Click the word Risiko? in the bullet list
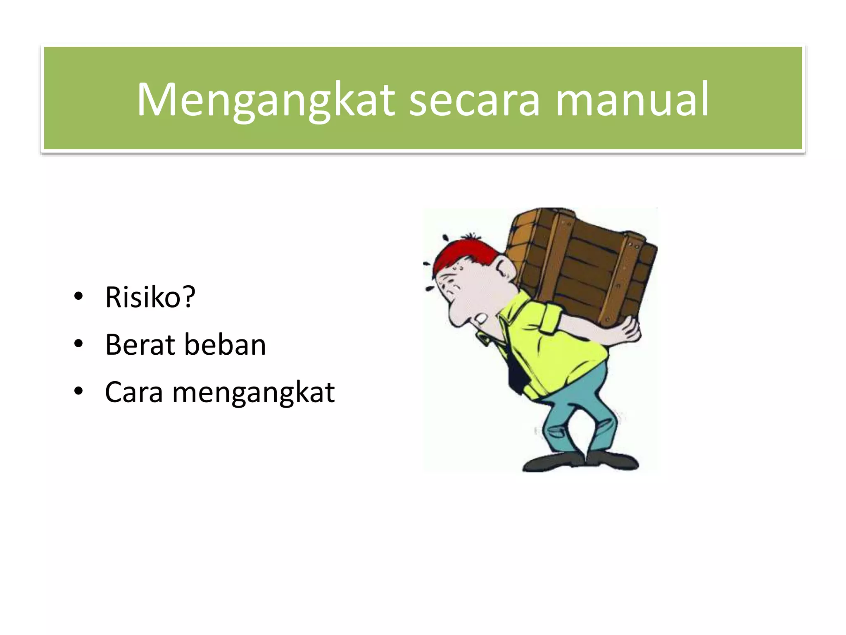pyautogui.click(x=150, y=297)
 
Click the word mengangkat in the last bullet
pyautogui.click(x=253, y=393)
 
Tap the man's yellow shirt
pyautogui.click(x=554, y=347)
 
